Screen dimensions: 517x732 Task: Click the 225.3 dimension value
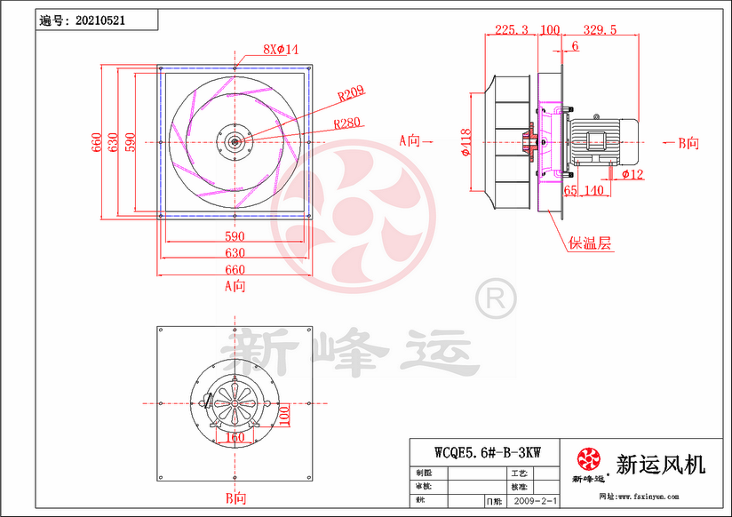[511, 30]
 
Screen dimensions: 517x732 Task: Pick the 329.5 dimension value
[600, 30]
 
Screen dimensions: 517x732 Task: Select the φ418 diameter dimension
[466, 141]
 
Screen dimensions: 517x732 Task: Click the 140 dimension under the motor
[593, 190]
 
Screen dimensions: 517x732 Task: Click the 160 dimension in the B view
[233, 437]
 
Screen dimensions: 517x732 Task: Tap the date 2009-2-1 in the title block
[537, 502]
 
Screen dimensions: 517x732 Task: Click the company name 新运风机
[659, 464]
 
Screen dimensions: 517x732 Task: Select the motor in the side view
[604, 140]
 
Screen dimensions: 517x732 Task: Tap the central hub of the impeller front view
[235, 140]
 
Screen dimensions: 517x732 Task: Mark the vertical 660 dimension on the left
[98, 141]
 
